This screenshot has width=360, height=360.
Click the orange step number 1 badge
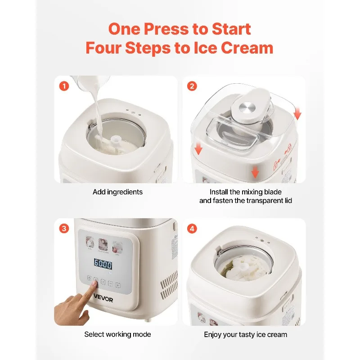pos(64,85)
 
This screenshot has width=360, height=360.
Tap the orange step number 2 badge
pos(192,85)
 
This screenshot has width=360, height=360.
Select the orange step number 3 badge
pos(64,229)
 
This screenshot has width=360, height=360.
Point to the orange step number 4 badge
pos(192,229)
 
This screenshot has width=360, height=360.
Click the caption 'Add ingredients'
pos(117,192)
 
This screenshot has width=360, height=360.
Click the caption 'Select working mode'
pos(117,334)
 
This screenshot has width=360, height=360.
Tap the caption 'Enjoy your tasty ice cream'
pos(246,334)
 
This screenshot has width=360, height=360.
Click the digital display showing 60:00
pos(103,265)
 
